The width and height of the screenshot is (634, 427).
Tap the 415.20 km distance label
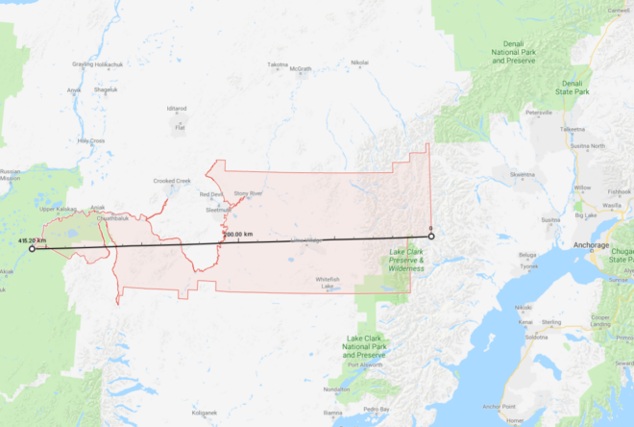click(33, 239)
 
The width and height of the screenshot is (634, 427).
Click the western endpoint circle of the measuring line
click(33, 248)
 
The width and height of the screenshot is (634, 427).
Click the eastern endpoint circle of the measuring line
click(431, 236)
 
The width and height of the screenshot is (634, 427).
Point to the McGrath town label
click(301, 69)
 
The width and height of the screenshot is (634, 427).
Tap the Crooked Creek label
click(172, 180)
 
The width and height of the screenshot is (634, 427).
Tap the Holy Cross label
click(91, 140)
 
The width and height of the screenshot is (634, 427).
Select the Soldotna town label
click(535, 337)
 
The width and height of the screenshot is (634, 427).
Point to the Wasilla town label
click(611, 205)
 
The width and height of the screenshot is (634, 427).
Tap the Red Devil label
click(210, 195)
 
